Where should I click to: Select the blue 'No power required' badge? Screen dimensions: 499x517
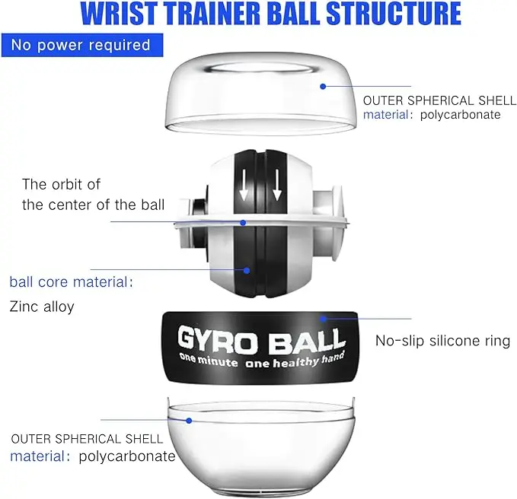(81, 45)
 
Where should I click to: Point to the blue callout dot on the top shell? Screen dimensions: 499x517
(323, 87)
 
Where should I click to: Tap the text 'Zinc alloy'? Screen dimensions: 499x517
(42, 307)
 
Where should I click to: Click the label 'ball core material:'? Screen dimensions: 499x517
(71, 282)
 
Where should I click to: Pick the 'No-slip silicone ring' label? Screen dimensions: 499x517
(442, 341)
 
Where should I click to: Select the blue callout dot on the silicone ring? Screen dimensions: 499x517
(323, 319)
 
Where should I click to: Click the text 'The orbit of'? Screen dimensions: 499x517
(61, 184)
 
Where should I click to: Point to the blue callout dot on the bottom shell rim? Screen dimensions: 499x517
(189, 419)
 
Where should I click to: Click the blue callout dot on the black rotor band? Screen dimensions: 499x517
(247, 269)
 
